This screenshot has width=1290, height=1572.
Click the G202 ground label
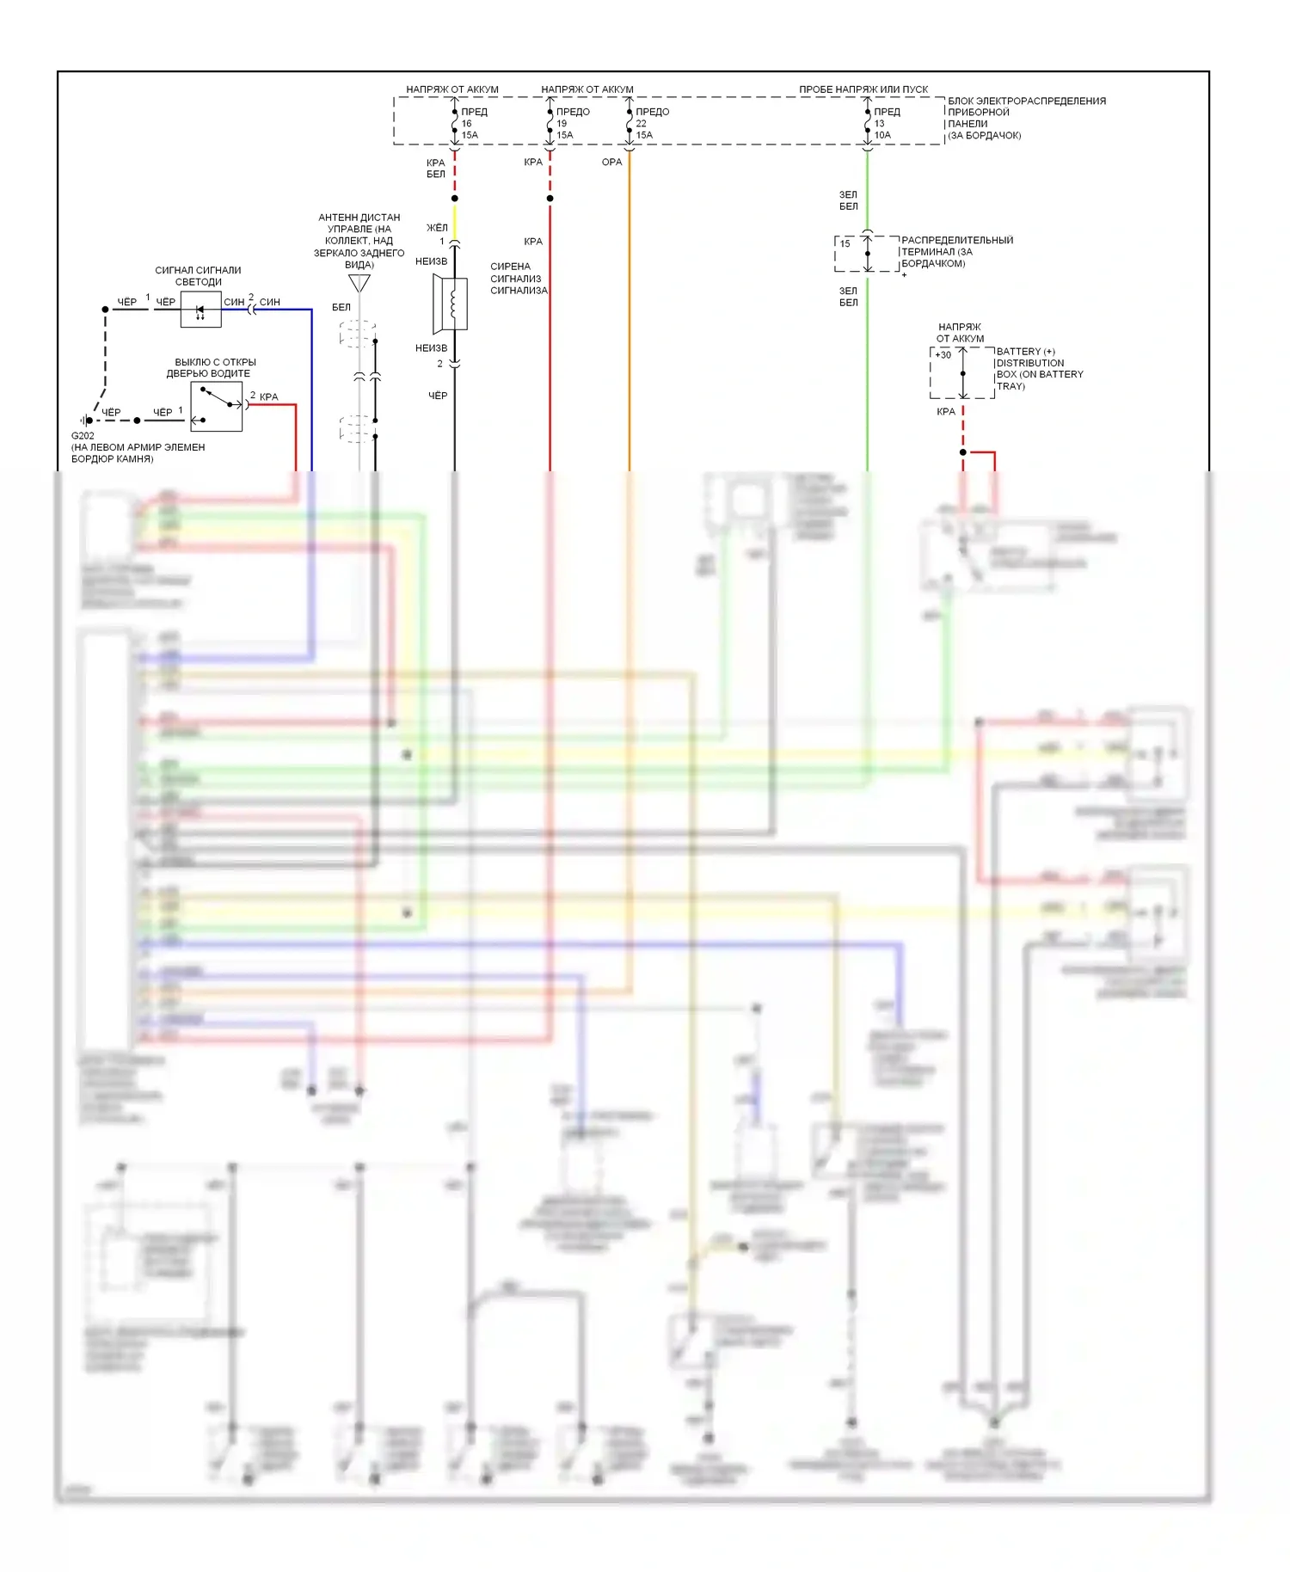[x=83, y=436]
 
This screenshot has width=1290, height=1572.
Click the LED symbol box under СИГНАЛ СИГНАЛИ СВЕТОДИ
[x=200, y=310]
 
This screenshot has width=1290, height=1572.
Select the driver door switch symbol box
[x=216, y=407]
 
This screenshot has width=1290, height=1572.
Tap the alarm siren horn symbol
[x=451, y=304]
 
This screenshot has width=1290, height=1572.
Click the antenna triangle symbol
[x=359, y=283]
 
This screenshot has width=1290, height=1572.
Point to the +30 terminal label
[x=943, y=354]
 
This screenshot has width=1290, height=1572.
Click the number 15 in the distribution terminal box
[x=845, y=243]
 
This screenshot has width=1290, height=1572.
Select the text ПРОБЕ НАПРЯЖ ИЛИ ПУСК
[x=863, y=89]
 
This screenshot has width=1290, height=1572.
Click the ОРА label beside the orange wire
[x=611, y=162]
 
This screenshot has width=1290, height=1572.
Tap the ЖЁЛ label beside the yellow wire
[x=437, y=228]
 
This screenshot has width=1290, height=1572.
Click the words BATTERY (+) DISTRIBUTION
[x=1029, y=357]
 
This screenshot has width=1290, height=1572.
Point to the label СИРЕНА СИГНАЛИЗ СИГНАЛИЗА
[x=518, y=279]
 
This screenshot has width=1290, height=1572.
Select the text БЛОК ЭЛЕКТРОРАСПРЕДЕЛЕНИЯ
[x=1027, y=101]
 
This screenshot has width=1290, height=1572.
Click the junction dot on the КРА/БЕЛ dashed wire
[x=455, y=199]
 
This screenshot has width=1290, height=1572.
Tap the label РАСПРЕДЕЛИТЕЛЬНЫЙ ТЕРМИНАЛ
[x=956, y=246]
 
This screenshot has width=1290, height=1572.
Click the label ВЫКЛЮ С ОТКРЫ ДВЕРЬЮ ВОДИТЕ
[x=215, y=368]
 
